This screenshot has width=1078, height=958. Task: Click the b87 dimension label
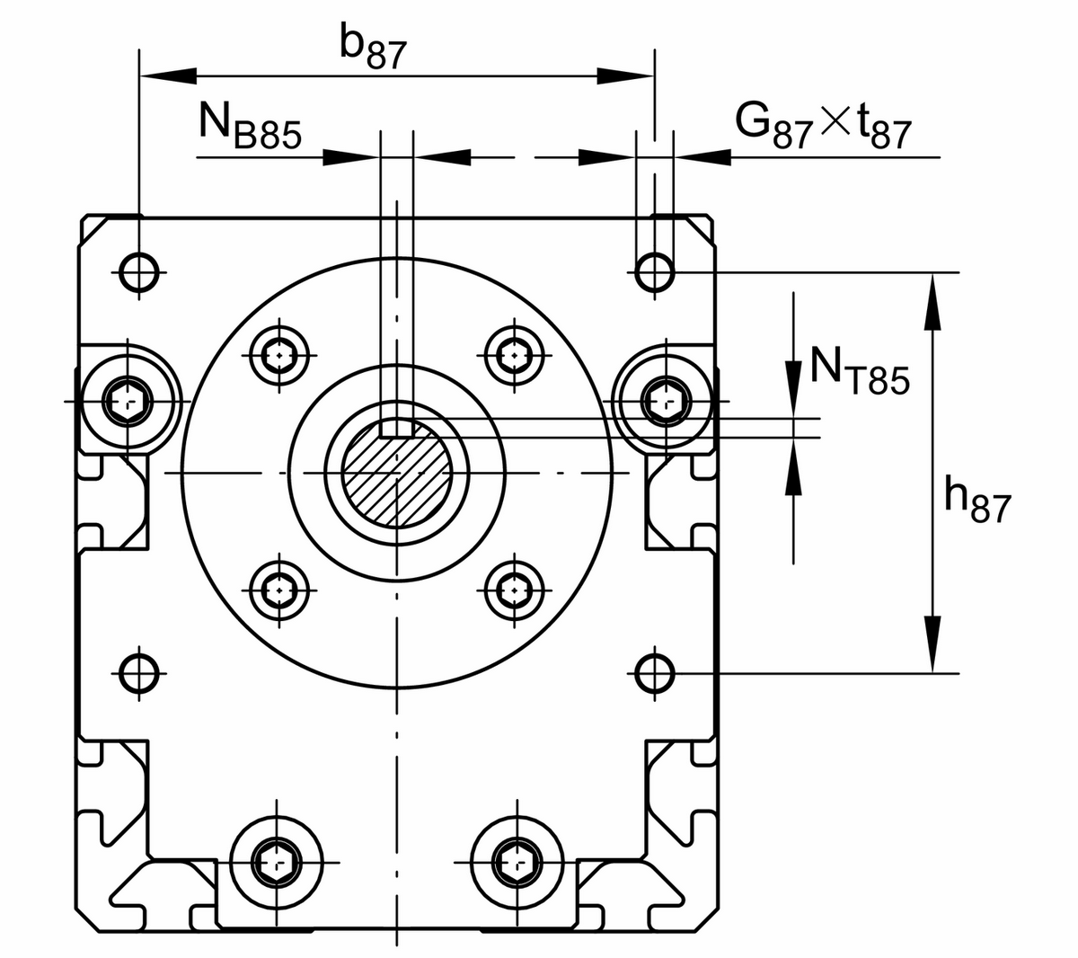click(x=373, y=50)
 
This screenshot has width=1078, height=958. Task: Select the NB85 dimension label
click(x=249, y=127)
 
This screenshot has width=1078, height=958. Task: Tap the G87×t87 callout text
click(x=823, y=126)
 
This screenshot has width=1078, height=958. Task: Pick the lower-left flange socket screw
click(x=280, y=590)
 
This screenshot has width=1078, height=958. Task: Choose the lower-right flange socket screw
click(x=513, y=590)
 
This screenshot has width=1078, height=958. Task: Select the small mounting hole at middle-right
click(x=655, y=670)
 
